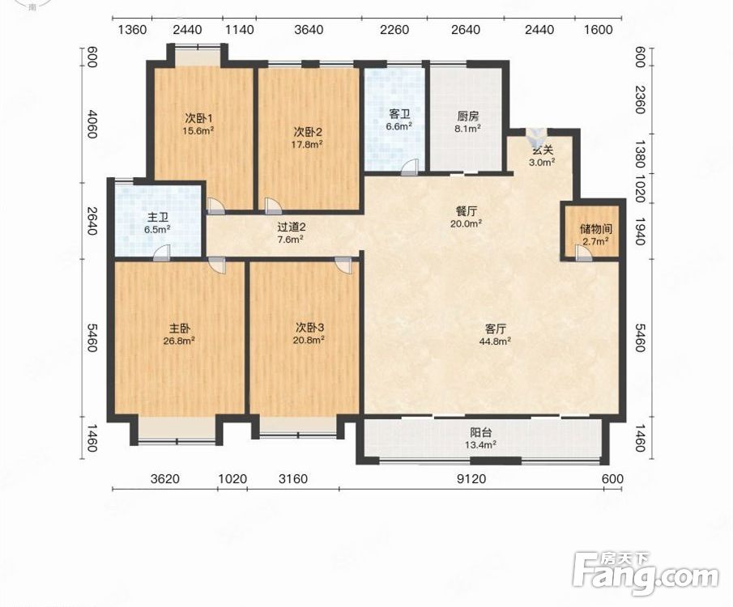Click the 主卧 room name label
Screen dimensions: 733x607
tap(179, 329)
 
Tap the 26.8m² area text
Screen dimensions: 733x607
tap(179, 341)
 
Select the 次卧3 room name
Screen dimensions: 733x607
tap(309, 327)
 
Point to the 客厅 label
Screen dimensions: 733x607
tap(495, 329)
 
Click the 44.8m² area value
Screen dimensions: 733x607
tap(495, 341)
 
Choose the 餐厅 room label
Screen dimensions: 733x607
tap(466, 211)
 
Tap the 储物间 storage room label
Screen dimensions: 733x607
tap(595, 229)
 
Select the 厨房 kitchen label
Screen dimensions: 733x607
tap(468, 116)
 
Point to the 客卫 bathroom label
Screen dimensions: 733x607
tap(399, 113)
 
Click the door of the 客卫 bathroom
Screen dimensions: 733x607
tap(410, 168)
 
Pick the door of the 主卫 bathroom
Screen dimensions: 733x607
tap(161, 253)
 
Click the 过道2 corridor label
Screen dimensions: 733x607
tap(292, 227)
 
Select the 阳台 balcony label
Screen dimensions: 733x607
tap(480, 433)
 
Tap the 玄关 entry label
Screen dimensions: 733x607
tap(543, 151)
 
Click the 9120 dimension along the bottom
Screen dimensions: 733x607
tap(471, 479)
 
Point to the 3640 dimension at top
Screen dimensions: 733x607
tap(309, 30)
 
